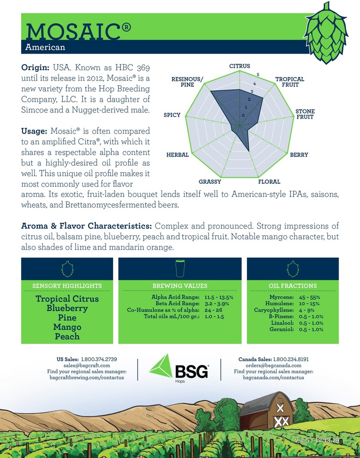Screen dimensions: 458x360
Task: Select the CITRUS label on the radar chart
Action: [x=240, y=66]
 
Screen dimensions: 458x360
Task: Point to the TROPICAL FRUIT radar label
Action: [x=289, y=82]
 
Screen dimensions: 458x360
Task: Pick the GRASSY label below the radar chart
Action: [x=210, y=182]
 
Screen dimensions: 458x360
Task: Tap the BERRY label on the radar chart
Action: [x=299, y=155]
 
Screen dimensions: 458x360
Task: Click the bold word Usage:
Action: [x=35, y=131]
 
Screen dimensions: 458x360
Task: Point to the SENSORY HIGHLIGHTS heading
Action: [x=67, y=286]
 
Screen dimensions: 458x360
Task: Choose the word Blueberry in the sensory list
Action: [x=67, y=308]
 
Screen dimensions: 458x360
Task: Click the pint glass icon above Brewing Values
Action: [x=180, y=268]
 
